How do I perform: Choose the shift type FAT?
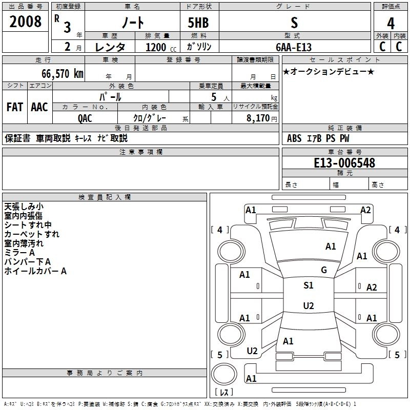(x=15, y=107)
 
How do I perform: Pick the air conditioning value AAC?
(x=39, y=107)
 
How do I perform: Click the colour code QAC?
(x=85, y=117)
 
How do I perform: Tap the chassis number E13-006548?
(x=344, y=163)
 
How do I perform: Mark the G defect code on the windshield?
(x=323, y=270)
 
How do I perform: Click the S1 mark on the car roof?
(x=308, y=285)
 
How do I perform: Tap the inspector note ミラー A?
(x=19, y=253)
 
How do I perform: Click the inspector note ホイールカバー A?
(x=35, y=271)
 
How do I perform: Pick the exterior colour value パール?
(x=110, y=97)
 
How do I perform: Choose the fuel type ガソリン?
(x=199, y=47)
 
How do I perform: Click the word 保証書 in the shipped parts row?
(x=17, y=138)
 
